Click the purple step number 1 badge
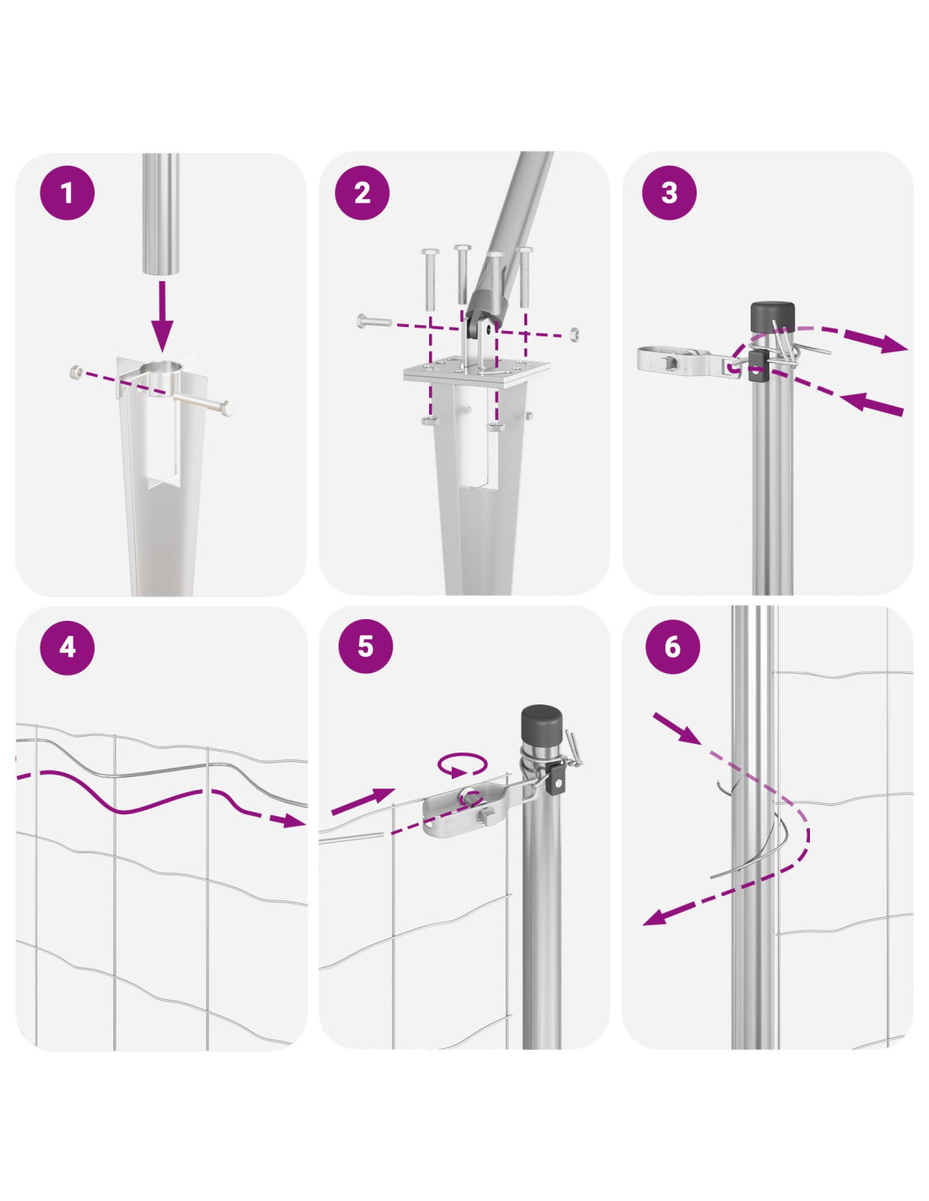pos(68,193)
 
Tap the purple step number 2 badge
pos(362,193)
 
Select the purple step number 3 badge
pos(669,193)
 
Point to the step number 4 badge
pos(68,647)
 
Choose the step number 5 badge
pos(366,645)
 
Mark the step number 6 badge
pos(672,645)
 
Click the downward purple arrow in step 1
pos(162,316)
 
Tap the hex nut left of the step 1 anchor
pos(76,372)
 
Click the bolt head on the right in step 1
pos(225,410)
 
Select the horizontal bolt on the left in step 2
pos(374,321)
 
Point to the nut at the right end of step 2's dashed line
pos(574,334)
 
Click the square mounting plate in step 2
pos(476,370)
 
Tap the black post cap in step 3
pos(772,318)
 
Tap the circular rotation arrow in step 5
pos(462,764)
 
